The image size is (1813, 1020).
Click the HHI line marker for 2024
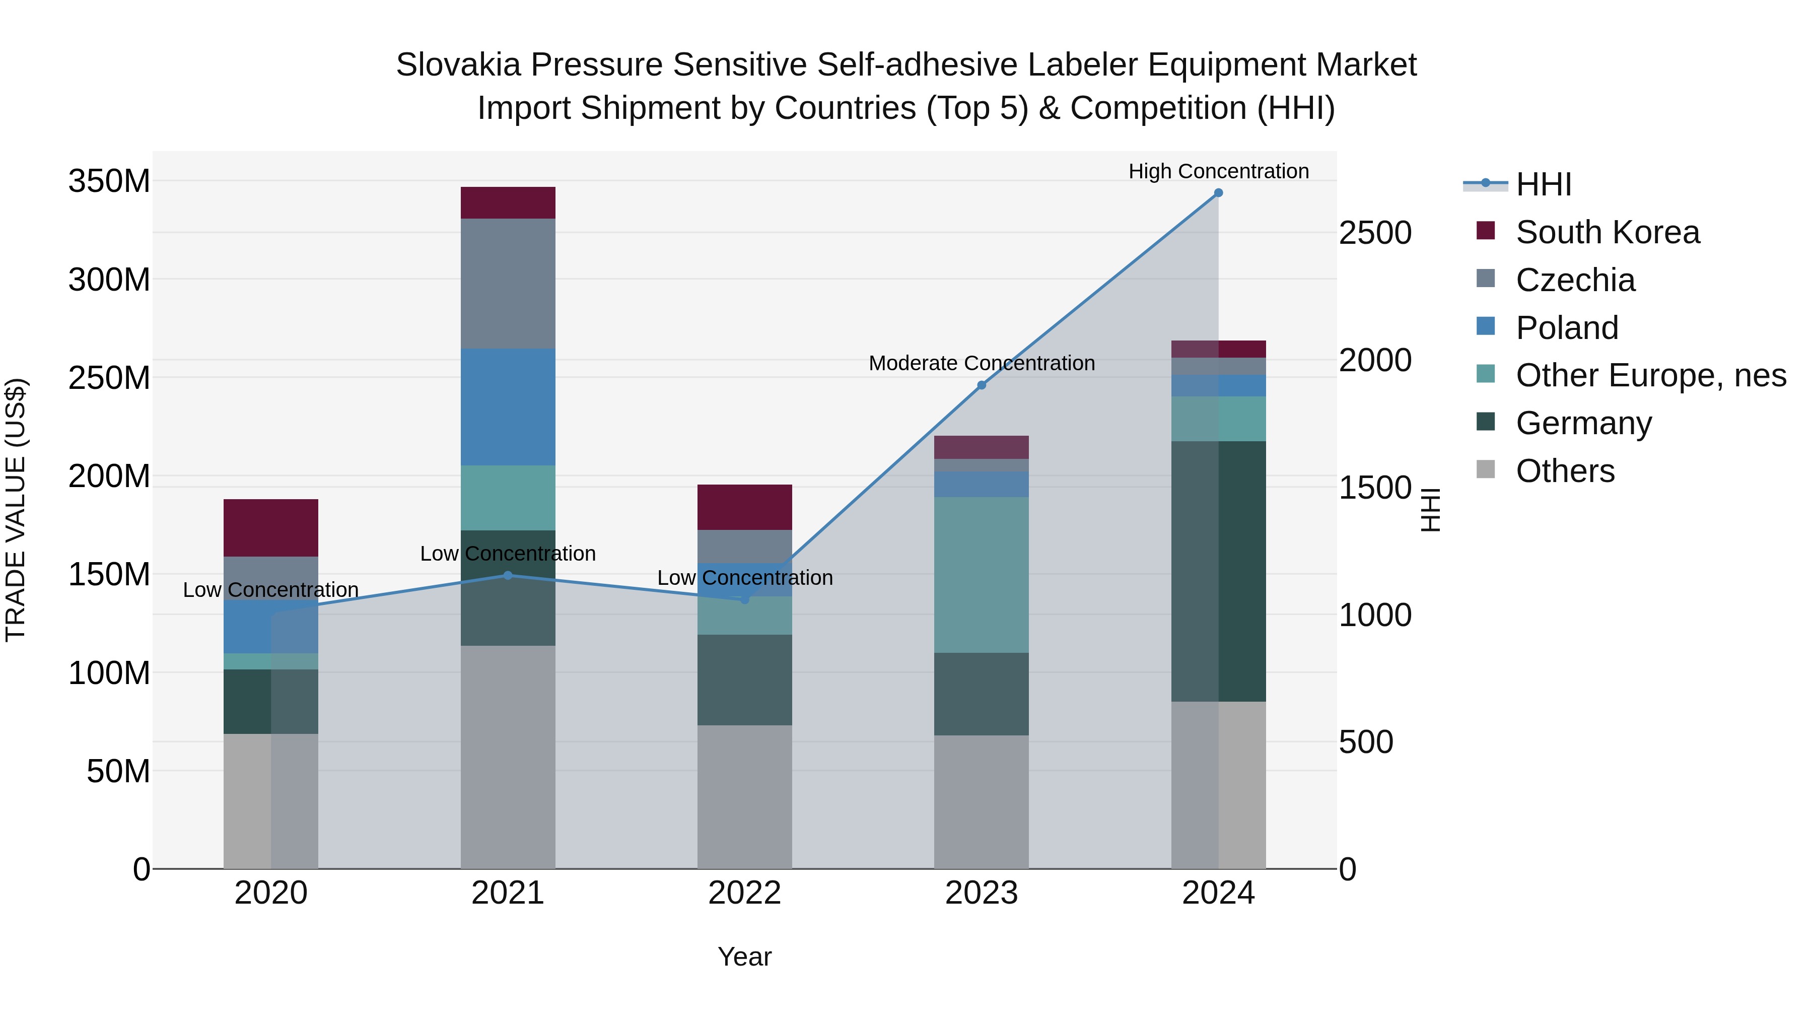1218,193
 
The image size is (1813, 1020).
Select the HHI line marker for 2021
508,575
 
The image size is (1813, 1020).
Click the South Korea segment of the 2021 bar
508,202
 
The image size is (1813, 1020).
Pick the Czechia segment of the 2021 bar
508,283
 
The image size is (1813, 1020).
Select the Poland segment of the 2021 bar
508,407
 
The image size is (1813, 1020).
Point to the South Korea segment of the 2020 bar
271,528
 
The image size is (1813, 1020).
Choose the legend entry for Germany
1583,424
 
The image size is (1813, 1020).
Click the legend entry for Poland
1567,328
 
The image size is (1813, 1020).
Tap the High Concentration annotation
1218,171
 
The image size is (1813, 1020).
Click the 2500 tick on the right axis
1374,233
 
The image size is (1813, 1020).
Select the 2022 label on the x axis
745,893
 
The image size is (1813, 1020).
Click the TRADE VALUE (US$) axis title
16,510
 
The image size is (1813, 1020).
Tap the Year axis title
745,957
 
